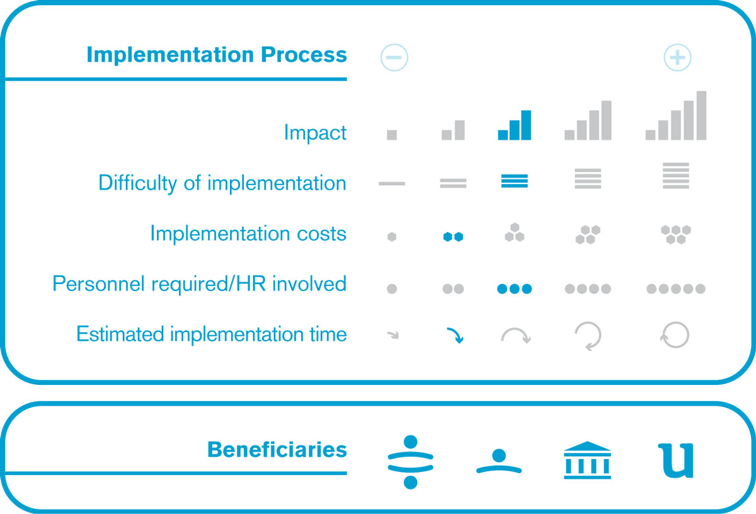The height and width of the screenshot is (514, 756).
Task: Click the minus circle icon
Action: [x=394, y=57]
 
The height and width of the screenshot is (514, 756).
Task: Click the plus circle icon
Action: [x=677, y=57]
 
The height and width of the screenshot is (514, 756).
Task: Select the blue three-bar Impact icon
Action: [x=514, y=125]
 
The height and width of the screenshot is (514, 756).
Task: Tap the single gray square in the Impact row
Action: [x=392, y=135]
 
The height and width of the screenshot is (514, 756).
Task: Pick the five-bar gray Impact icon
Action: [x=675, y=115]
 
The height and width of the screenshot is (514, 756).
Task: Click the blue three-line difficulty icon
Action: [x=514, y=181]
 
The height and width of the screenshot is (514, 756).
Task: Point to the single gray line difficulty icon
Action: [x=392, y=183]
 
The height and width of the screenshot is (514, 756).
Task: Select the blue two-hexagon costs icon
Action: [x=453, y=237]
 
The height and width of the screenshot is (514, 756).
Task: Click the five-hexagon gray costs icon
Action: [x=675, y=234]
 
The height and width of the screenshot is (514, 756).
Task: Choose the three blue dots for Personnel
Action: [x=514, y=289]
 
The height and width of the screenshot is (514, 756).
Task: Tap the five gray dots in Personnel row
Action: [x=675, y=289]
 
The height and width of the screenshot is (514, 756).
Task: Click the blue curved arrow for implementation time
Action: [x=456, y=334]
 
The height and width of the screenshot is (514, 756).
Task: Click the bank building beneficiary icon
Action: [x=587, y=460]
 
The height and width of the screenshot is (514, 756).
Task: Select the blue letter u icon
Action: [x=675, y=460]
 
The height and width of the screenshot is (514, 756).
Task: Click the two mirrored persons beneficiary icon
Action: [x=410, y=462]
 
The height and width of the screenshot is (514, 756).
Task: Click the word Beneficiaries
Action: [x=277, y=450]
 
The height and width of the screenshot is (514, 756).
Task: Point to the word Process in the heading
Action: [x=304, y=55]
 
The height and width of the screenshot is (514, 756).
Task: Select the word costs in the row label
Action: [x=321, y=234]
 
